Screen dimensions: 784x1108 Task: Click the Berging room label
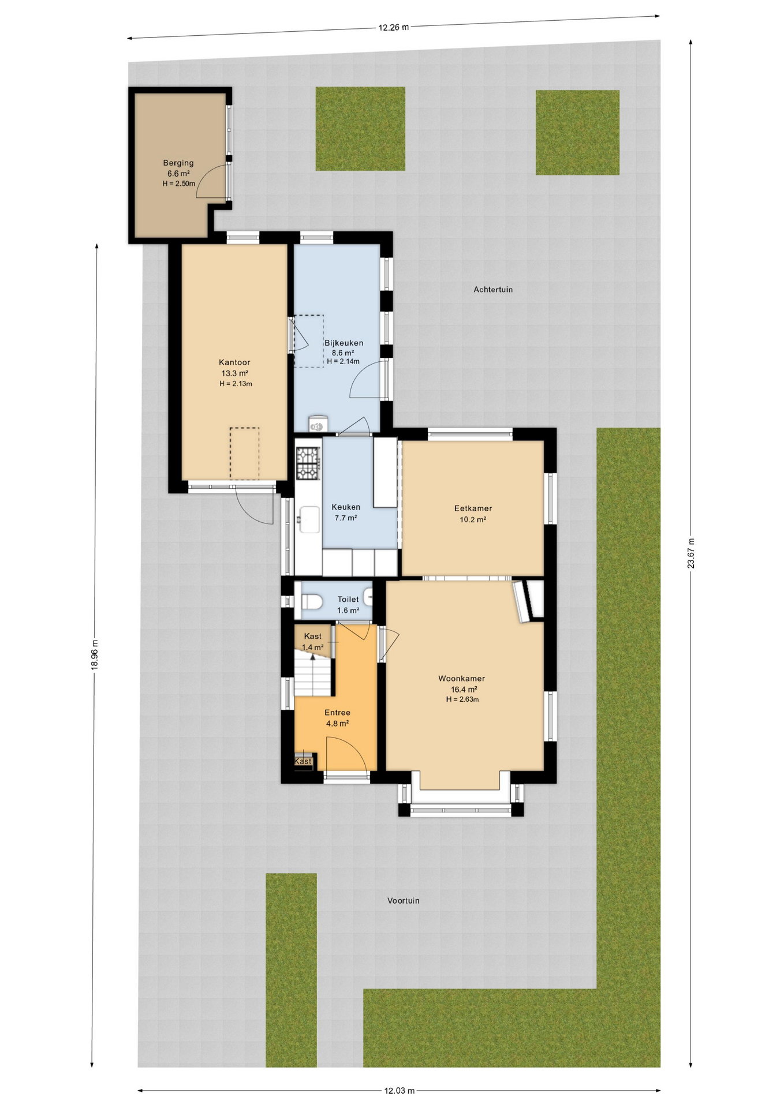(178, 163)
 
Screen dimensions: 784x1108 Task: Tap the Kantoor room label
(234, 362)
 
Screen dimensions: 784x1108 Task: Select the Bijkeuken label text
(344, 343)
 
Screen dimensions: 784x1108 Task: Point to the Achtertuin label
(493, 289)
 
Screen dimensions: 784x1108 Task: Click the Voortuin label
(404, 900)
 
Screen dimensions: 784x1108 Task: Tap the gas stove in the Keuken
(308, 463)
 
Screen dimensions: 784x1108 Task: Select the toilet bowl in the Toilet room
(311, 602)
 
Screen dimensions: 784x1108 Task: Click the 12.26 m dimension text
(394, 27)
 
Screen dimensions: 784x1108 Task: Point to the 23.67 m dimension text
(690, 553)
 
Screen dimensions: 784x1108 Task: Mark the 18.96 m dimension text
(94, 655)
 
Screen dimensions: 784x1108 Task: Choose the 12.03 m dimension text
(400, 1091)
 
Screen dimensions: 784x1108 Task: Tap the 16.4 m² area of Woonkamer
(464, 689)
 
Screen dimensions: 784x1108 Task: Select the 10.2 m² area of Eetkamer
(472, 519)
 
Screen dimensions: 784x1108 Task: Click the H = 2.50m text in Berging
(178, 184)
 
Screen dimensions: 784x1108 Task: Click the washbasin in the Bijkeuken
(318, 425)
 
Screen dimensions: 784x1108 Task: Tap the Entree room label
(337, 713)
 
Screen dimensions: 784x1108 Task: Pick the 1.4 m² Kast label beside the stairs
(312, 647)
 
